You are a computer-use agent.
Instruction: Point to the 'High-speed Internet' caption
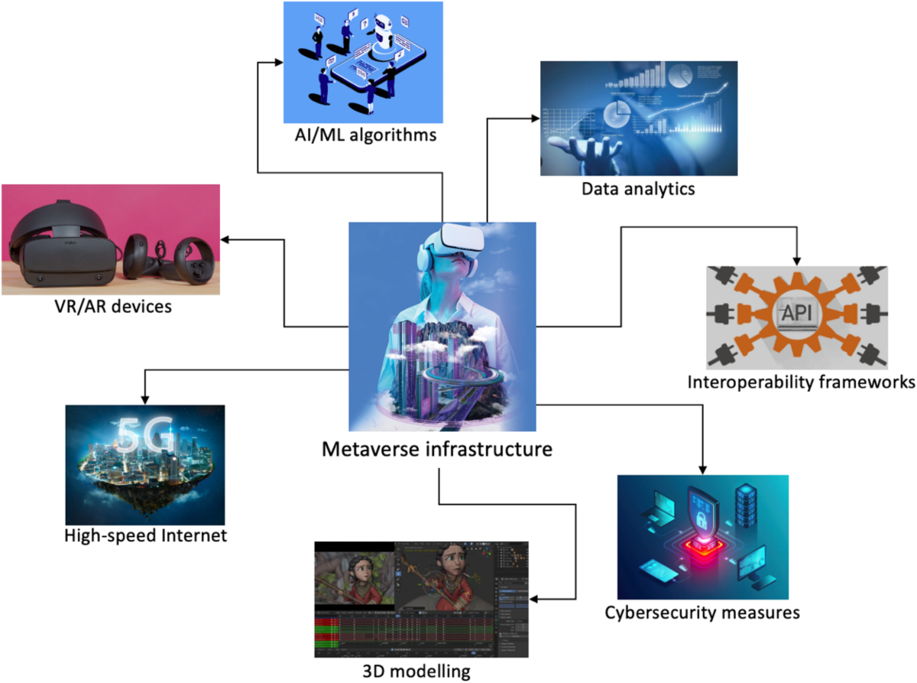(145, 535)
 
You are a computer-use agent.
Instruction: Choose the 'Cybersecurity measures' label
(702, 612)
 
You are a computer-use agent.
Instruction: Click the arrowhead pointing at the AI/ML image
(277, 62)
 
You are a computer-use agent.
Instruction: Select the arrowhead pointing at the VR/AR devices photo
(227, 239)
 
